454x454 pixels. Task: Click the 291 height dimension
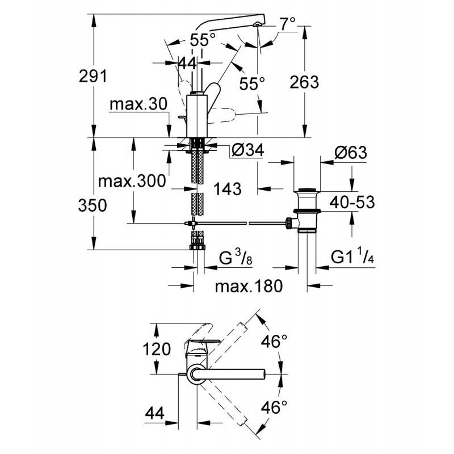tap(93, 77)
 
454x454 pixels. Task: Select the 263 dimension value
tap(304, 82)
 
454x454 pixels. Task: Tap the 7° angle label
tap(288, 23)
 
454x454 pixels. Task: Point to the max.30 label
tap(138, 104)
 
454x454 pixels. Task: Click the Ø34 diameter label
tap(248, 150)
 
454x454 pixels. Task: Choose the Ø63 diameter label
tap(351, 152)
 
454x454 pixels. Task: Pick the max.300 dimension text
tap(132, 181)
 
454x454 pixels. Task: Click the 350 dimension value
tap(93, 205)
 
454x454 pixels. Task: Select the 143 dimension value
tap(228, 189)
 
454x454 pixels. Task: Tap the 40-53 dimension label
tap(352, 202)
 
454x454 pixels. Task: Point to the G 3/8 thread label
tap(236, 258)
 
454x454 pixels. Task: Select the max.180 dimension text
tap(249, 286)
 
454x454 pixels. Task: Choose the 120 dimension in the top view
tap(157, 349)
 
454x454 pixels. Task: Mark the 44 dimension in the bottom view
tap(155, 413)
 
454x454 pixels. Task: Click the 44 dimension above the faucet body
tap(187, 63)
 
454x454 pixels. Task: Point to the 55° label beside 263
tap(252, 84)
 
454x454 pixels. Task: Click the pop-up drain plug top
tap(307, 190)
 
